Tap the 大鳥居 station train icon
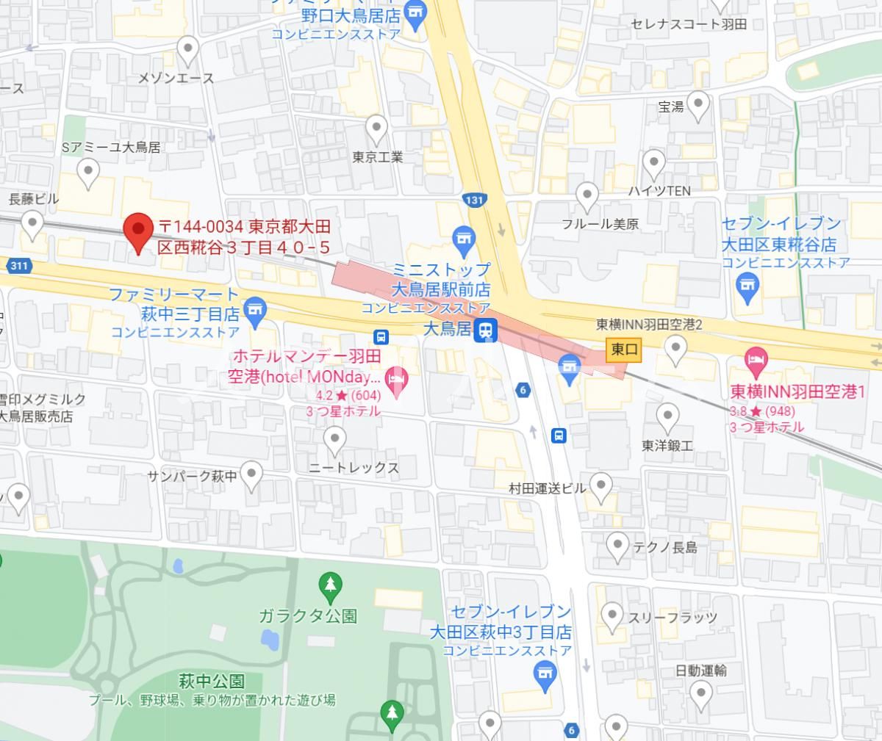point(485,330)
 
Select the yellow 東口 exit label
point(624,350)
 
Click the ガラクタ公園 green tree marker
point(330,585)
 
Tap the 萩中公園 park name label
point(211,682)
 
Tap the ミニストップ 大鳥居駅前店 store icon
point(462,238)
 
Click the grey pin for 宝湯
point(697,104)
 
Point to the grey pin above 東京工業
point(376,129)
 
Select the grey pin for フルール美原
point(587,196)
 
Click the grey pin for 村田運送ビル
point(601,485)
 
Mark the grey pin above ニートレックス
point(334,441)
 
